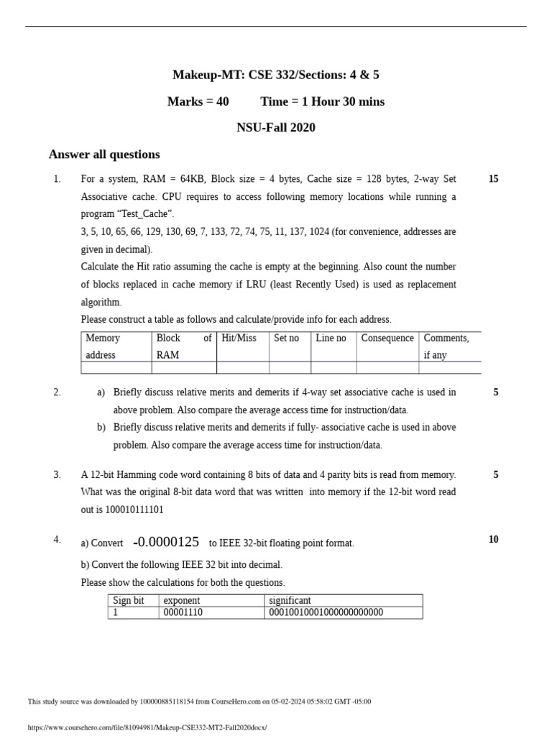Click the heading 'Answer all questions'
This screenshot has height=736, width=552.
point(104,155)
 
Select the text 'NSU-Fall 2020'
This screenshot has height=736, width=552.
point(276,128)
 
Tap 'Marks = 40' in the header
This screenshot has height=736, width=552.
point(198,101)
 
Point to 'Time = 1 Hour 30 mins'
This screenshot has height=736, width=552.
point(322,101)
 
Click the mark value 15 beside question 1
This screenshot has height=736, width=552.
point(493,179)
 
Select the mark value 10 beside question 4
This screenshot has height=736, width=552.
point(493,540)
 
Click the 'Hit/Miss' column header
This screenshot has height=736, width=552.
point(239,338)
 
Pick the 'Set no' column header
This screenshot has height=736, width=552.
point(286,338)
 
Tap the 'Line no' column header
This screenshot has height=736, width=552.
point(331,338)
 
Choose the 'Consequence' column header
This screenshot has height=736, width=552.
point(387,338)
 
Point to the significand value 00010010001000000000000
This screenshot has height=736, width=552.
point(326,612)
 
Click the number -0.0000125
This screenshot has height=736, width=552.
point(166,542)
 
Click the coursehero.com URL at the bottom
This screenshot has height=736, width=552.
point(147,727)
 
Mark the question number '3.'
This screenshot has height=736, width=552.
point(57,474)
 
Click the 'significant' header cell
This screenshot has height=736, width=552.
point(290,600)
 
